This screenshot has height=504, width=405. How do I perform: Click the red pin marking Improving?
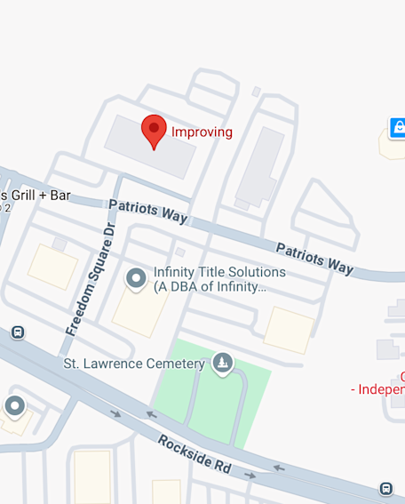tap(155, 131)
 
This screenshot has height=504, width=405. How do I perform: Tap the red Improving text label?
tap(202, 132)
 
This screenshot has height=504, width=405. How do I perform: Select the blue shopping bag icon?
tap(397, 127)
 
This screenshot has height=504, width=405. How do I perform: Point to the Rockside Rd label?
tap(194, 453)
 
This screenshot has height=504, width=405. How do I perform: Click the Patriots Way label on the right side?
tap(314, 257)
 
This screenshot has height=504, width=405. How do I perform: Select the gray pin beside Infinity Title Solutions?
tap(136, 279)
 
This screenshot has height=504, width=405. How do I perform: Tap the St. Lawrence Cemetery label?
tap(134, 364)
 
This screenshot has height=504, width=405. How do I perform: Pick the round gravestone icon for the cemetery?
tap(223, 363)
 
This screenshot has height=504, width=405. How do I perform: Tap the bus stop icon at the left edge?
tap(17, 332)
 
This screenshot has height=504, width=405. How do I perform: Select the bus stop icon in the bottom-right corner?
tap(385, 489)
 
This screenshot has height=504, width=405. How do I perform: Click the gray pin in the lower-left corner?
tap(15, 407)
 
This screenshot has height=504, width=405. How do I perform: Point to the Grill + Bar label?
tap(36, 196)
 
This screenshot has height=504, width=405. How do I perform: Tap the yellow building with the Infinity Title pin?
tap(139, 311)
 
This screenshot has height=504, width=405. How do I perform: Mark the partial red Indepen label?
tap(379, 389)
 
